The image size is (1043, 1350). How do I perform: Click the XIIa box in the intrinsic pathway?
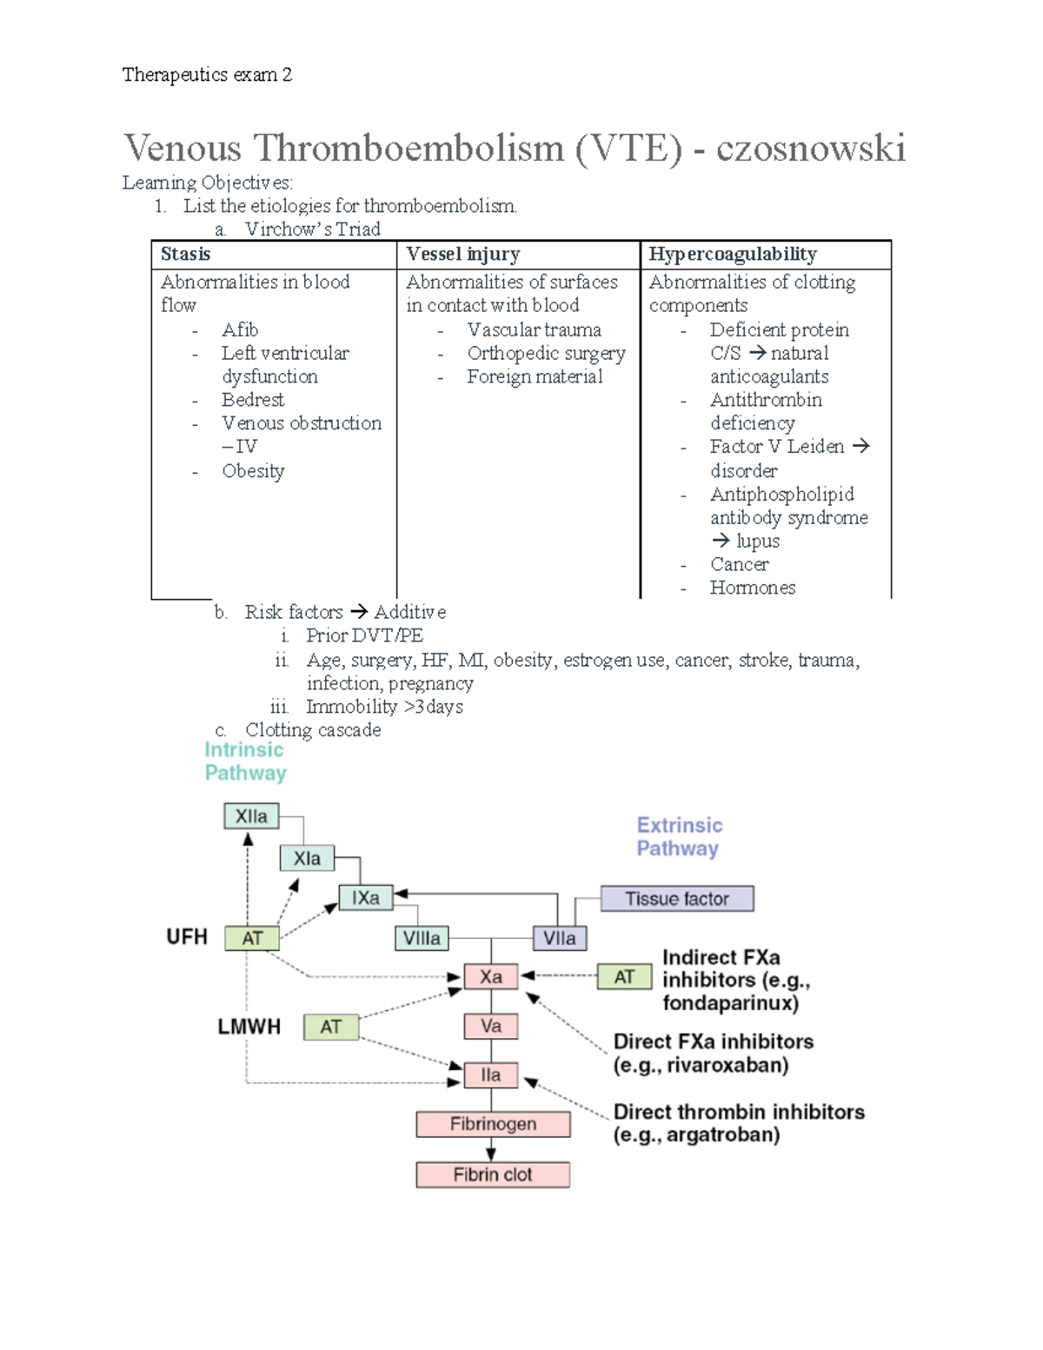[251, 816]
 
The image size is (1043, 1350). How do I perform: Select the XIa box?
[307, 858]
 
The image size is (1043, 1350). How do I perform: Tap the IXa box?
[365, 898]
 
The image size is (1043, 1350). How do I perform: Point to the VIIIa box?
[422, 938]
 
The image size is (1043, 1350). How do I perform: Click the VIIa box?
[559, 938]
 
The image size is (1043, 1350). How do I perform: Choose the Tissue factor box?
[677, 899]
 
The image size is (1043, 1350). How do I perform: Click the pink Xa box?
[491, 976]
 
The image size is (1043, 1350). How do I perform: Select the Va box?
[491, 1026]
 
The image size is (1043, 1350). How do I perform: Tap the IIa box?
[491, 1075]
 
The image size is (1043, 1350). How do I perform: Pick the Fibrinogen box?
[493, 1124]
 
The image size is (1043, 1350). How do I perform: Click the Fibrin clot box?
[493, 1174]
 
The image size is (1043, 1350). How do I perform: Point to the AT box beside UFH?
[252, 938]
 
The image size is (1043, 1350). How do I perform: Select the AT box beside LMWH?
[330, 1027]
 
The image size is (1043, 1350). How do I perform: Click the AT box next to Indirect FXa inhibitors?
[624, 977]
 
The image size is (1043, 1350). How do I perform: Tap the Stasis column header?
[185, 254]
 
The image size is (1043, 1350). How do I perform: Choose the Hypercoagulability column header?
[733, 254]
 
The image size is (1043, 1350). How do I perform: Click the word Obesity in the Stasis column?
[253, 471]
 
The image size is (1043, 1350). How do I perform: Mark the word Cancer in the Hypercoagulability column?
[739, 564]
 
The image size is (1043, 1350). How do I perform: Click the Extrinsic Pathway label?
[679, 836]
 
